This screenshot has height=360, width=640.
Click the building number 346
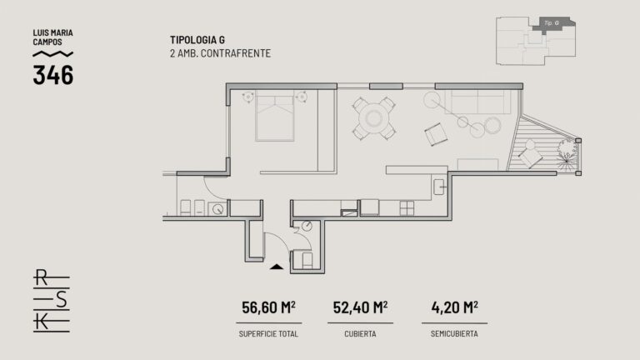coord(53,75)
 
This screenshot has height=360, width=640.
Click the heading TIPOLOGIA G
coord(197,40)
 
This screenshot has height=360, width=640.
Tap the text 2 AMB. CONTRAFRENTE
coord(220,53)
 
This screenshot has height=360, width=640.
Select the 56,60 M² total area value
coord(268,307)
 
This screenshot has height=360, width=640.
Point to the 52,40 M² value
coord(360,307)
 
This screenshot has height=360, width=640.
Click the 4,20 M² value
coord(454,307)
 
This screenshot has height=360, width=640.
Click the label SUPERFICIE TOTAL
coord(268,334)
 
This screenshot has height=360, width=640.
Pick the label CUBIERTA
coord(360,334)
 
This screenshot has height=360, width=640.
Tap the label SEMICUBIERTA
coord(454,334)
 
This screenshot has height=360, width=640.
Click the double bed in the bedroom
coord(275,116)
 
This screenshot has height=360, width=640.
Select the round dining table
coord(374,118)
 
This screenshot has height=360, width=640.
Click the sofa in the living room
coord(477,102)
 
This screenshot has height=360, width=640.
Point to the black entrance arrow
coord(277,267)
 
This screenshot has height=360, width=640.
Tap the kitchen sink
coord(439,187)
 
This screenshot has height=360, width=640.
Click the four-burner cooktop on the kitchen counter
coord(407,208)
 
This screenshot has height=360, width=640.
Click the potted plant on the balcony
coord(567,151)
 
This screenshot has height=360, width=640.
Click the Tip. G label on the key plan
coord(552,23)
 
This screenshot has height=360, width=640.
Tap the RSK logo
coord(52,300)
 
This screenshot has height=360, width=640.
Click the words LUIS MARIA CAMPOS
coord(52,37)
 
